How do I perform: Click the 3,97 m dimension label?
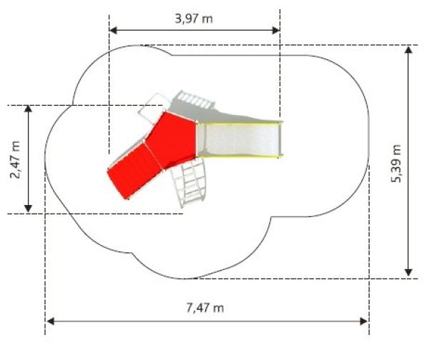coord(194,19)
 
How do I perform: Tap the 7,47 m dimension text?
coord(205,308)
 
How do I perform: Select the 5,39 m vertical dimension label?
coord(396,164)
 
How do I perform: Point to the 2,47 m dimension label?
coord(15,159)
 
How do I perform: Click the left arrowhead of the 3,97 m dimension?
coord(113,30)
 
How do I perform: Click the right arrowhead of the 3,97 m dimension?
coord(276,30)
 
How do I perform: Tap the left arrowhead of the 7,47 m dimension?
coord(50,321)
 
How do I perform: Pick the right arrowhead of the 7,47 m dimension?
coord(364,321)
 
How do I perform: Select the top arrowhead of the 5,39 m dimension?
coord(408,50)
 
